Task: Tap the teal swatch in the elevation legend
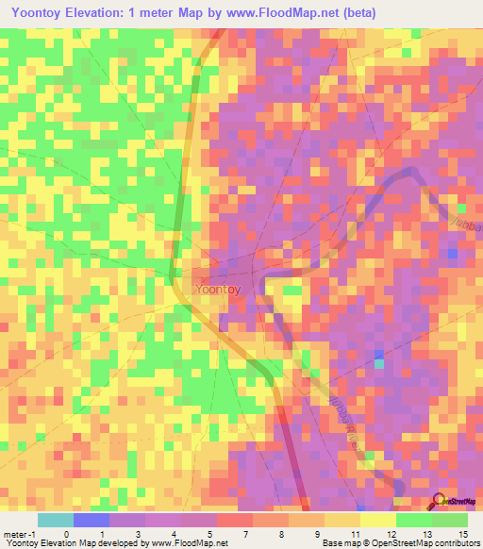pos(55,520)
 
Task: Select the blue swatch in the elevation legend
pos(91,520)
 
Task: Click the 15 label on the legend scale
pos(462,534)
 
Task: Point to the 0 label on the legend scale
pos(66,534)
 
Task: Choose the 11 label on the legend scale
pos(354,534)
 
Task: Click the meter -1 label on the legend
pos(20,534)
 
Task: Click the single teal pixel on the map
pos(379,363)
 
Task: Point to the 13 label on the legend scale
pos(426,534)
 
